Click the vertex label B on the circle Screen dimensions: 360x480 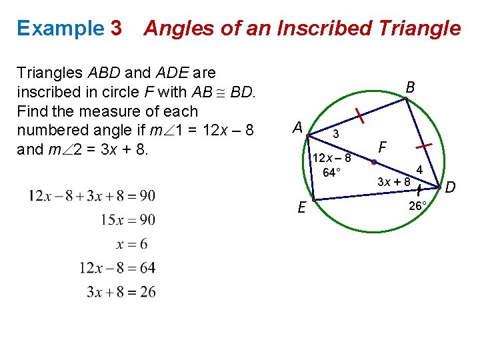click(410, 87)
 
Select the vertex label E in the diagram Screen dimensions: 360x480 click(302, 208)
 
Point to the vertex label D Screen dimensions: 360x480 click(450, 188)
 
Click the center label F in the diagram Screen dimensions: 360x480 click(381, 146)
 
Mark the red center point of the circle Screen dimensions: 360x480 click(375, 162)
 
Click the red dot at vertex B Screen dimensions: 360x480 click(405, 101)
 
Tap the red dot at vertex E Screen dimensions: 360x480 click(313, 200)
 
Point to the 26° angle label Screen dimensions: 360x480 click(417, 207)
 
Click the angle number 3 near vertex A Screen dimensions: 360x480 click(337, 134)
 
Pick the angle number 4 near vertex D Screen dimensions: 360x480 click(420, 170)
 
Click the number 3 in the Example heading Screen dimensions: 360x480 click(116, 28)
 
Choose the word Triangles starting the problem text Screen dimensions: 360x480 click(49, 73)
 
